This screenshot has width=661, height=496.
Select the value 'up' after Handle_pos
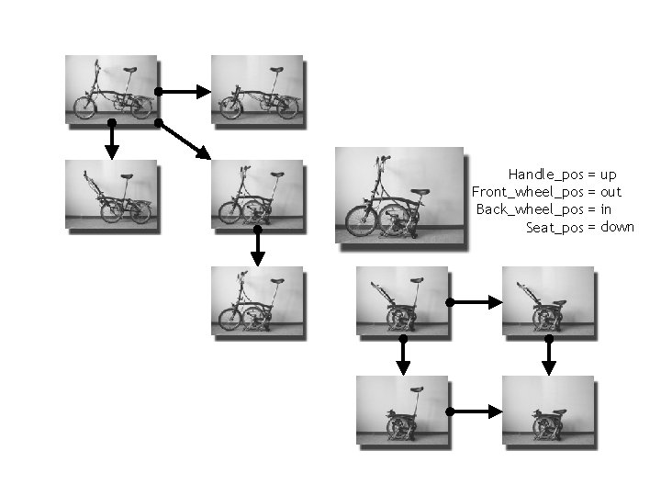[608, 175]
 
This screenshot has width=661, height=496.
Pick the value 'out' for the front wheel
[611, 192]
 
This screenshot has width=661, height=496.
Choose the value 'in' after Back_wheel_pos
[605, 209]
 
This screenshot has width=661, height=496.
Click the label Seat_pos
[555, 227]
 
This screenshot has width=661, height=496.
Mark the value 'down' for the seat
[617, 227]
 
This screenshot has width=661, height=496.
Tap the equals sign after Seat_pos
[592, 227]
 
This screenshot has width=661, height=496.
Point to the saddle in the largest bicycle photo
[420, 193]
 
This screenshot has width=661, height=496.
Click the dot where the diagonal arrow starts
[158, 121]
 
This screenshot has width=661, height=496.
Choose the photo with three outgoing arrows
[111, 88]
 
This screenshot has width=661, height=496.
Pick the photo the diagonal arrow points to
[256, 192]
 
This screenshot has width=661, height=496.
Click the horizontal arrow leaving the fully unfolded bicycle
[184, 91]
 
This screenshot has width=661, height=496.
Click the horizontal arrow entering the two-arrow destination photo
[476, 411]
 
